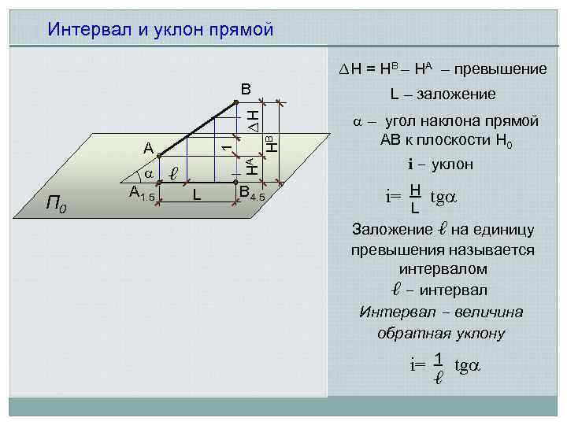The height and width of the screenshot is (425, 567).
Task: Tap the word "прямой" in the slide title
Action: pos(239,30)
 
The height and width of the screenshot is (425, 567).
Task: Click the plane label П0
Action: pos(57,205)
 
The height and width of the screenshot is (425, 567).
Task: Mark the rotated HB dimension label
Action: pos(270,144)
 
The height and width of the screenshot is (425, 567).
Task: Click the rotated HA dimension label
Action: pos(250,165)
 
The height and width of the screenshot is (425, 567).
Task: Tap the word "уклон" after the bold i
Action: pos(450,164)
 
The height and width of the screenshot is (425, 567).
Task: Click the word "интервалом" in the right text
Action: pos(443,269)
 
